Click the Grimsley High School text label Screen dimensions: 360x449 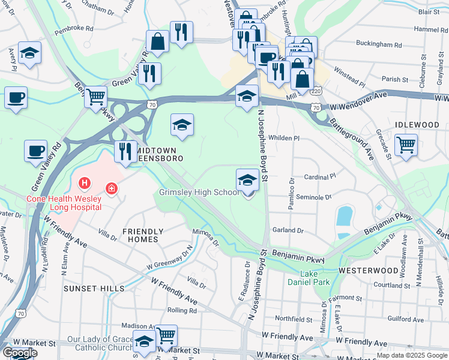[199, 193]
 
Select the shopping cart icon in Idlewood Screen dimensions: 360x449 [406, 145]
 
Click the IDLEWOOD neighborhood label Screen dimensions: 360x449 [417, 124]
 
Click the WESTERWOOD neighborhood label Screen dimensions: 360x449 [367, 271]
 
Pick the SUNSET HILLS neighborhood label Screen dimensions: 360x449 [95, 288]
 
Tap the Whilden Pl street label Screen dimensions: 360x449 [283, 138]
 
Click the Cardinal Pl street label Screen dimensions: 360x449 [320, 178]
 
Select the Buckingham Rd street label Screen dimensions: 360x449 [379, 44]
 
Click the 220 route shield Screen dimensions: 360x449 [316, 91]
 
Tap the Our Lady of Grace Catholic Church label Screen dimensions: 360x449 [100, 344]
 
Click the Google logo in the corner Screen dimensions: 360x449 [20, 353]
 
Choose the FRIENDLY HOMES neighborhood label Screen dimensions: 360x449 [143, 235]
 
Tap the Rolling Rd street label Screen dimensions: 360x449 [182, 310]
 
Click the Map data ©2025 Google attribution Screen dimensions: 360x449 [411, 355]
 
